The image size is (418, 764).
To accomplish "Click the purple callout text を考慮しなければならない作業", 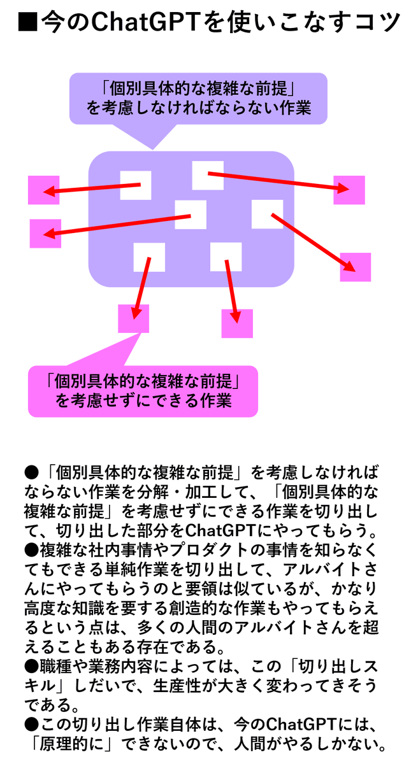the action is pos(198,108).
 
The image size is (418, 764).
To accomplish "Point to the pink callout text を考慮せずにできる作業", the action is pos(143,401).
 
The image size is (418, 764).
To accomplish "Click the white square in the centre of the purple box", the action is pos(191,215).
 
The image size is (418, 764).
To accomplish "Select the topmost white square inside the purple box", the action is pos(208,175).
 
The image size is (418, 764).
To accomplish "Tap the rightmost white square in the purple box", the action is pos(267,214).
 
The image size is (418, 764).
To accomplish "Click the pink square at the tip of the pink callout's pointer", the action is pos(134,318).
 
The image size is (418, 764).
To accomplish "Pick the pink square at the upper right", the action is pos(349,190).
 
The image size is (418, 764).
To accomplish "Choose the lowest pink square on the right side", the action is pos(356,267).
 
